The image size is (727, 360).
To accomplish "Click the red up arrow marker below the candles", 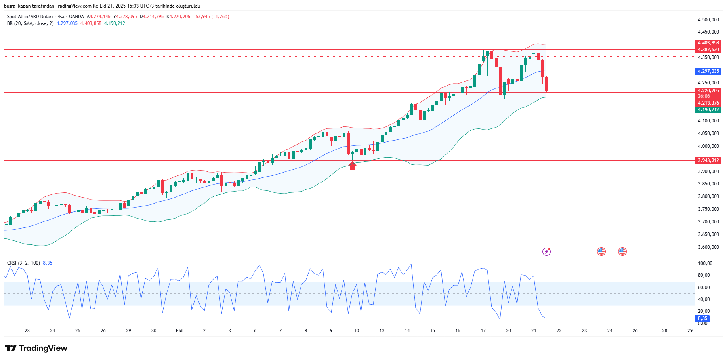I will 352,165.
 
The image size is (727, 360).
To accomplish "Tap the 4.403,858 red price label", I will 708,43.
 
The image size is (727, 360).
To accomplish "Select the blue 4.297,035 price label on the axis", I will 708,71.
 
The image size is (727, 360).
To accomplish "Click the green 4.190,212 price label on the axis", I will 708,110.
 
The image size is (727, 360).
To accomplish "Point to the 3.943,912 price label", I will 708,160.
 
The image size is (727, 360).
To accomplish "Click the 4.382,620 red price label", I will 708,50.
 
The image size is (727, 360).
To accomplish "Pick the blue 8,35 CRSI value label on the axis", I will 702,318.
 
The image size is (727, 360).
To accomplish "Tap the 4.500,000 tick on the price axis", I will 708,20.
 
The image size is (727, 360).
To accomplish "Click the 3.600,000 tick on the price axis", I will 708,247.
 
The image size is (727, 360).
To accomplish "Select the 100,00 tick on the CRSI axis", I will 705,263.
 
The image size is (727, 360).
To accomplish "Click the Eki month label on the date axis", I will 179,331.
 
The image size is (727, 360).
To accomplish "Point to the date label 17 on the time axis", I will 483,331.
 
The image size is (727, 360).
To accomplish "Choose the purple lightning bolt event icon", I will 546,251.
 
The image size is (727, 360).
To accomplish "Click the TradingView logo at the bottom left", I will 36,348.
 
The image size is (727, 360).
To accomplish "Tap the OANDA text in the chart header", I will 76,17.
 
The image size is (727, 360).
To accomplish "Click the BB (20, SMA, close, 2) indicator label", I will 30,23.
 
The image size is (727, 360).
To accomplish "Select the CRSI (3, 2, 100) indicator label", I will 23,263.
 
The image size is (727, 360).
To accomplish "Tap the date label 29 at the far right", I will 690,331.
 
